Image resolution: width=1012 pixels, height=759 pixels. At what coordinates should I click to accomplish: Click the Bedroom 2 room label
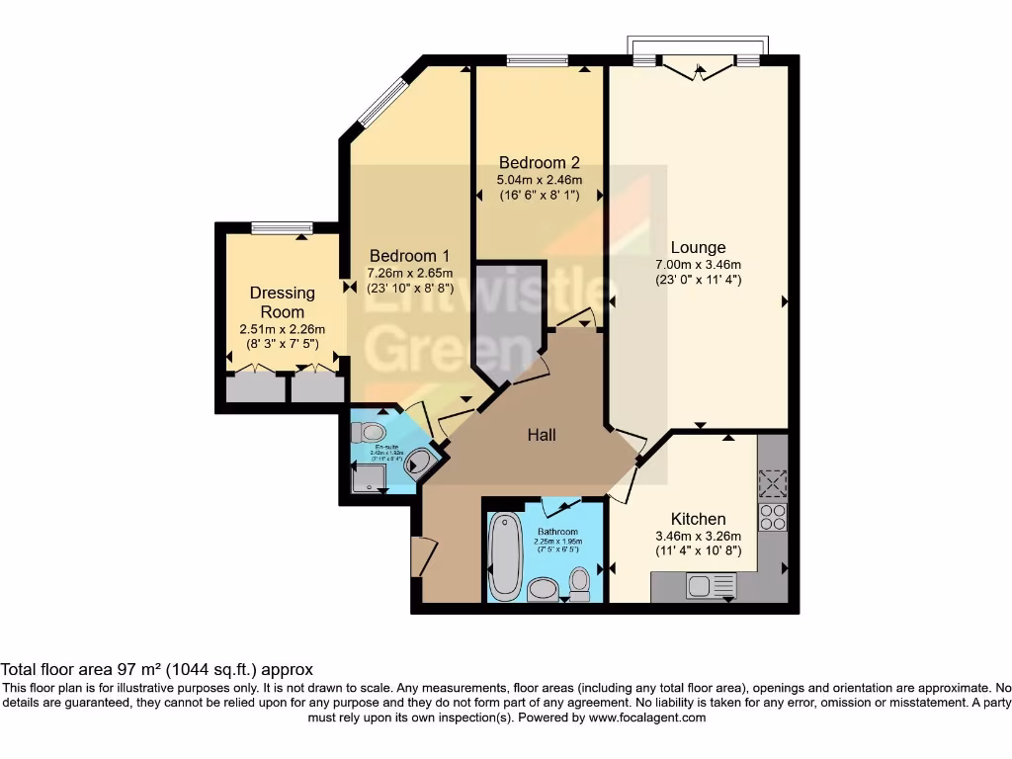click(x=539, y=162)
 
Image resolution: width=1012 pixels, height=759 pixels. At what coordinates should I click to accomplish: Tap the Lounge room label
click(x=698, y=247)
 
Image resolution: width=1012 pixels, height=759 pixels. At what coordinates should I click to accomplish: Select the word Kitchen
click(x=698, y=519)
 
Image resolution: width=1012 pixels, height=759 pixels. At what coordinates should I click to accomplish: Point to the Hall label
click(x=541, y=434)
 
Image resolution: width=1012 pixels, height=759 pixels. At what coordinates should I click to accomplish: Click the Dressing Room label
click(x=282, y=301)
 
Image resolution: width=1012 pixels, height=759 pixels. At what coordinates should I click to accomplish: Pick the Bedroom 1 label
click(x=396, y=255)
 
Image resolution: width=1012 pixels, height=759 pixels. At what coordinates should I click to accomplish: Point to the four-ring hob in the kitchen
click(x=771, y=517)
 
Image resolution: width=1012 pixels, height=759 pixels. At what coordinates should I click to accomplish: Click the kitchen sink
click(x=709, y=586)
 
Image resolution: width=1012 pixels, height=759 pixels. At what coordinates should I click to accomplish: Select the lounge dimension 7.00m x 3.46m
click(x=698, y=264)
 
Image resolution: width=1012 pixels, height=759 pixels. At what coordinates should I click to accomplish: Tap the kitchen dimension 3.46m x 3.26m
click(x=698, y=536)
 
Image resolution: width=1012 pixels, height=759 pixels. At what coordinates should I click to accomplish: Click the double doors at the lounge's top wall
click(x=698, y=67)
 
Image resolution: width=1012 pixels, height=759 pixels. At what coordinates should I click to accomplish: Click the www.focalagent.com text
click(x=647, y=717)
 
